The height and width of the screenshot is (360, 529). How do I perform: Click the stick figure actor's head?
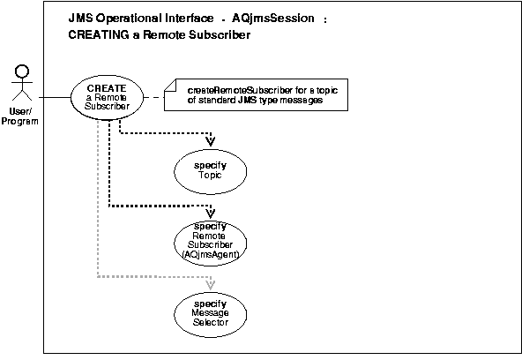(x=25, y=70)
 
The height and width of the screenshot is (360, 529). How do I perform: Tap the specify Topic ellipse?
(x=209, y=169)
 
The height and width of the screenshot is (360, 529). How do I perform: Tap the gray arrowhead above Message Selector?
(x=210, y=284)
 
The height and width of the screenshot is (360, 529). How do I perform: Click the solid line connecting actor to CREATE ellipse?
(x=54, y=96)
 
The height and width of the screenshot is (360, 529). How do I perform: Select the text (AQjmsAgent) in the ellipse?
(x=210, y=254)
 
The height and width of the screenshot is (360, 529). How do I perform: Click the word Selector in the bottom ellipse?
(x=210, y=322)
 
